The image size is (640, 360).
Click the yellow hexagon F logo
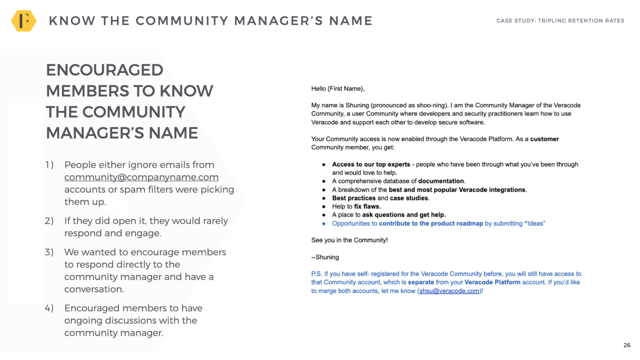click(x=24, y=20)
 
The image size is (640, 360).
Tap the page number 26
click(x=627, y=345)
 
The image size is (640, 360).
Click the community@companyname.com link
click(x=141, y=177)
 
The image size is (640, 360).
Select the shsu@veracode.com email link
click(x=449, y=291)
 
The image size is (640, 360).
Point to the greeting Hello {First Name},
click(x=338, y=89)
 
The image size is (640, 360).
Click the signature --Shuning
click(x=325, y=257)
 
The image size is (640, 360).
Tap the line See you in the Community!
click(x=349, y=240)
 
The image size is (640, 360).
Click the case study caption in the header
click(x=560, y=20)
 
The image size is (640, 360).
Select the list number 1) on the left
click(x=49, y=165)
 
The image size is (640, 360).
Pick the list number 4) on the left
click(x=49, y=308)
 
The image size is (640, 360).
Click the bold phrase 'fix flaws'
click(x=367, y=207)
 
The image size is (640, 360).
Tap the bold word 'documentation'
click(x=441, y=181)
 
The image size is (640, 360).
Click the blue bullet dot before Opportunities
click(x=324, y=224)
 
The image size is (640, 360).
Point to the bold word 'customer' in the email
click(x=544, y=139)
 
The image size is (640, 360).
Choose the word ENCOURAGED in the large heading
click(x=105, y=70)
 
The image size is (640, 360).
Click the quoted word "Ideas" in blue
click(x=535, y=224)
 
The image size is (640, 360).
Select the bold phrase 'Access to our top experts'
click(x=371, y=164)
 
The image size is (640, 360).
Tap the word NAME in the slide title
click(x=351, y=21)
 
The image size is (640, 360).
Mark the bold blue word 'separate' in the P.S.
click(x=421, y=282)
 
